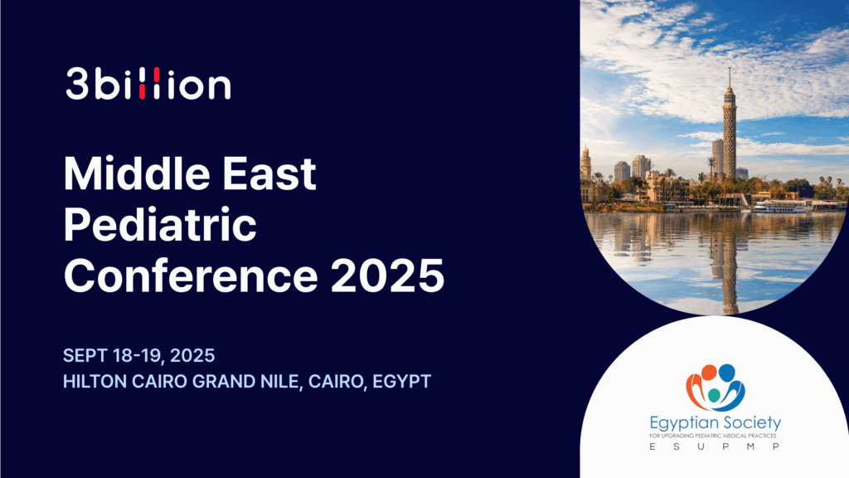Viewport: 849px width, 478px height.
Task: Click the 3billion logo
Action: coord(148,84)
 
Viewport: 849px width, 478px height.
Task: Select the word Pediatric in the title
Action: coord(160,225)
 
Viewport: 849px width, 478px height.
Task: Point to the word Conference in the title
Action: coord(191,276)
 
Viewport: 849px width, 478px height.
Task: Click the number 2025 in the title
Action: coord(387,276)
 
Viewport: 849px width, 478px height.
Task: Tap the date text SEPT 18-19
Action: coord(112,355)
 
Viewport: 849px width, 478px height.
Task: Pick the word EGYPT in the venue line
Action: coord(402,382)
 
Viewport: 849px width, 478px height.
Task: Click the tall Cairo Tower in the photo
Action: coord(730,124)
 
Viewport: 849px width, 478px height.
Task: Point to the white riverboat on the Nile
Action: coord(778,207)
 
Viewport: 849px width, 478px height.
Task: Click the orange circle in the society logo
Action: coord(709,373)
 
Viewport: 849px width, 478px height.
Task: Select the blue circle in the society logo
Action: coord(726,373)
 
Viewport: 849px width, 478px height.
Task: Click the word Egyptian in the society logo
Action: coord(683,423)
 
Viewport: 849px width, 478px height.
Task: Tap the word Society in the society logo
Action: coord(750,422)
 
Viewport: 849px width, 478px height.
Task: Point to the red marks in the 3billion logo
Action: coord(148,84)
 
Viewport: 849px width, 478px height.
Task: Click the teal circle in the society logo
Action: coord(714,396)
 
